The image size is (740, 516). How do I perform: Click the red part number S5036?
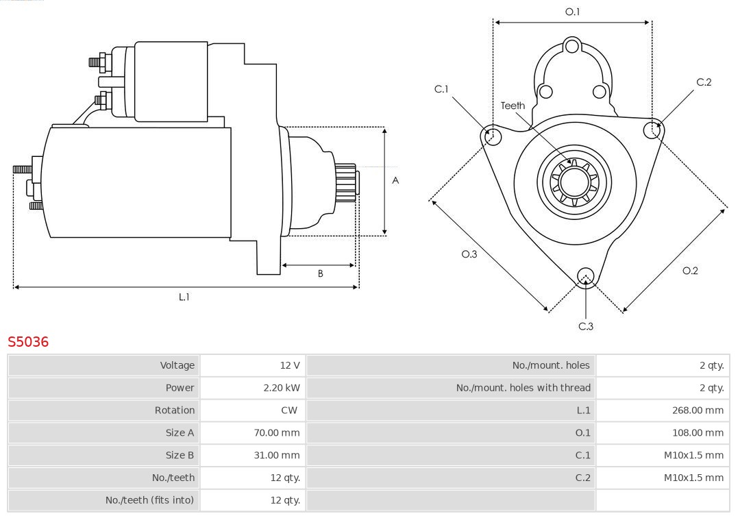coord(28,341)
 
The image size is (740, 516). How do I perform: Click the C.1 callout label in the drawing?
coord(441,89)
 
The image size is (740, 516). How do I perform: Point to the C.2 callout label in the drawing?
coord(704,82)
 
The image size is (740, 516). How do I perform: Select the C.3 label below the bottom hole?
coord(586,326)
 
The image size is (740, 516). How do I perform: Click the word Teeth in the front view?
coord(513,106)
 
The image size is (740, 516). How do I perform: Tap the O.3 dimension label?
coord(469,254)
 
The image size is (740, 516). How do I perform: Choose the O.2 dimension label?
coord(690,271)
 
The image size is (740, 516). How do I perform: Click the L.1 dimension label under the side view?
coord(184,297)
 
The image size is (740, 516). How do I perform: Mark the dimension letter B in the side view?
coord(320,273)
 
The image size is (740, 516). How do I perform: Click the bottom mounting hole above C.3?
coord(585,276)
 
